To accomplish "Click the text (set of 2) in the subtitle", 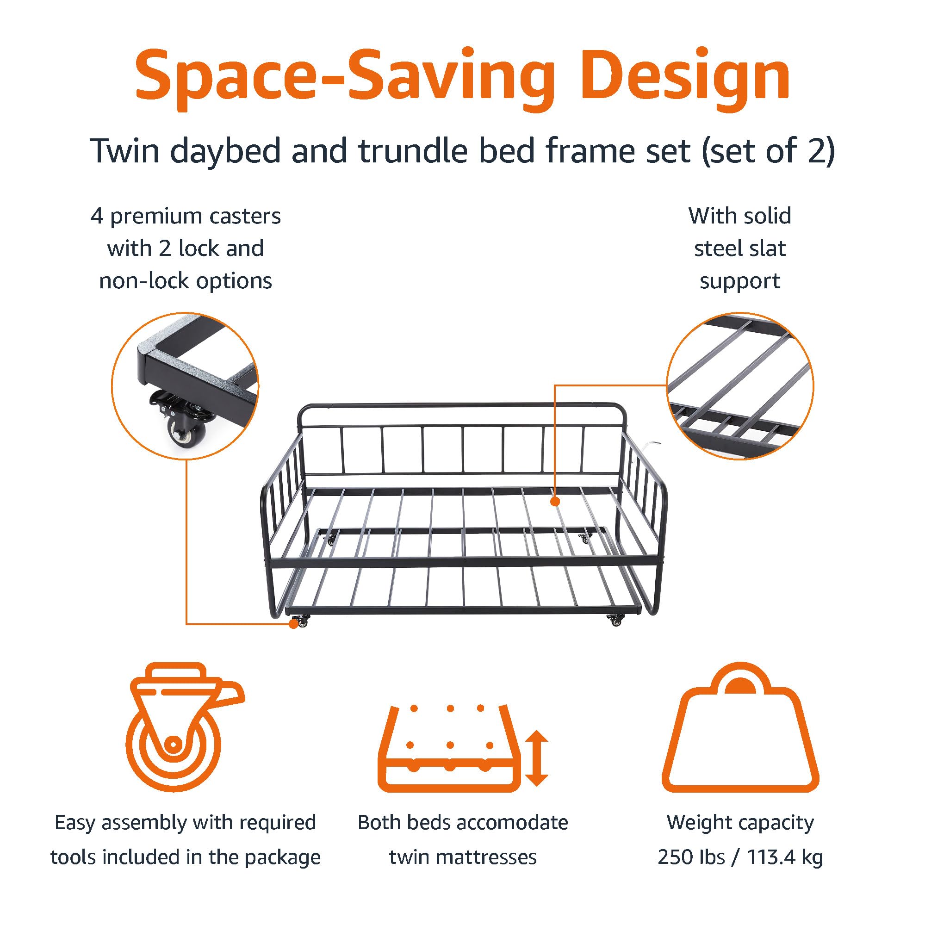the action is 768,151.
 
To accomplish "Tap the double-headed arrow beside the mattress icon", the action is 537,758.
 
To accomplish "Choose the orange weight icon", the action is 740,728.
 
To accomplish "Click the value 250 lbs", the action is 691,857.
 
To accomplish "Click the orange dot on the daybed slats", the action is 555,502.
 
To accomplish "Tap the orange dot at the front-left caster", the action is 293,624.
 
